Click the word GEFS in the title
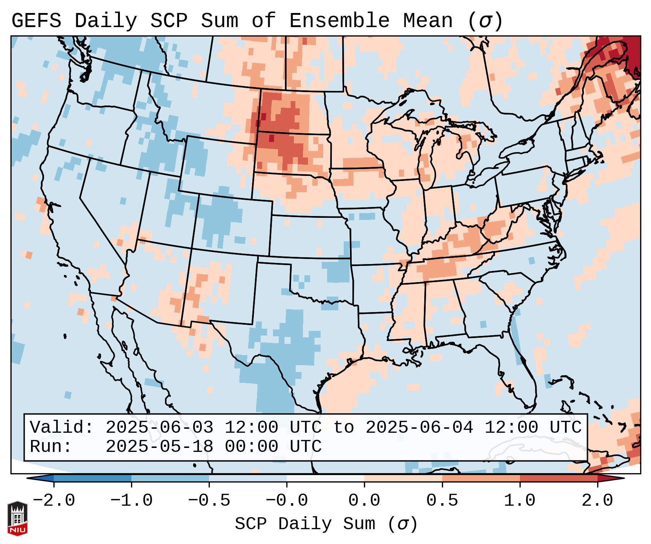pos(36,21)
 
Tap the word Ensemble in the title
pos(339,21)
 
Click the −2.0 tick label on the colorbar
pos(54,501)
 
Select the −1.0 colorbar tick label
pos(131,501)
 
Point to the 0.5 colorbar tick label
pos(442,501)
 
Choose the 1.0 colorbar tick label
pos(520,501)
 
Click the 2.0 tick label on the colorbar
pos(598,501)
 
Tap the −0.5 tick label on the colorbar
pos(209,501)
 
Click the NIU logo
pos(17,518)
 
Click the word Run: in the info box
pos(51,446)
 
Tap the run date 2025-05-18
pos(159,446)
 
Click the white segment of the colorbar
pos(325,478)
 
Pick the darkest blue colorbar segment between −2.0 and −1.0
pos(92,478)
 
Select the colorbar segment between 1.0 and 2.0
pos(559,478)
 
